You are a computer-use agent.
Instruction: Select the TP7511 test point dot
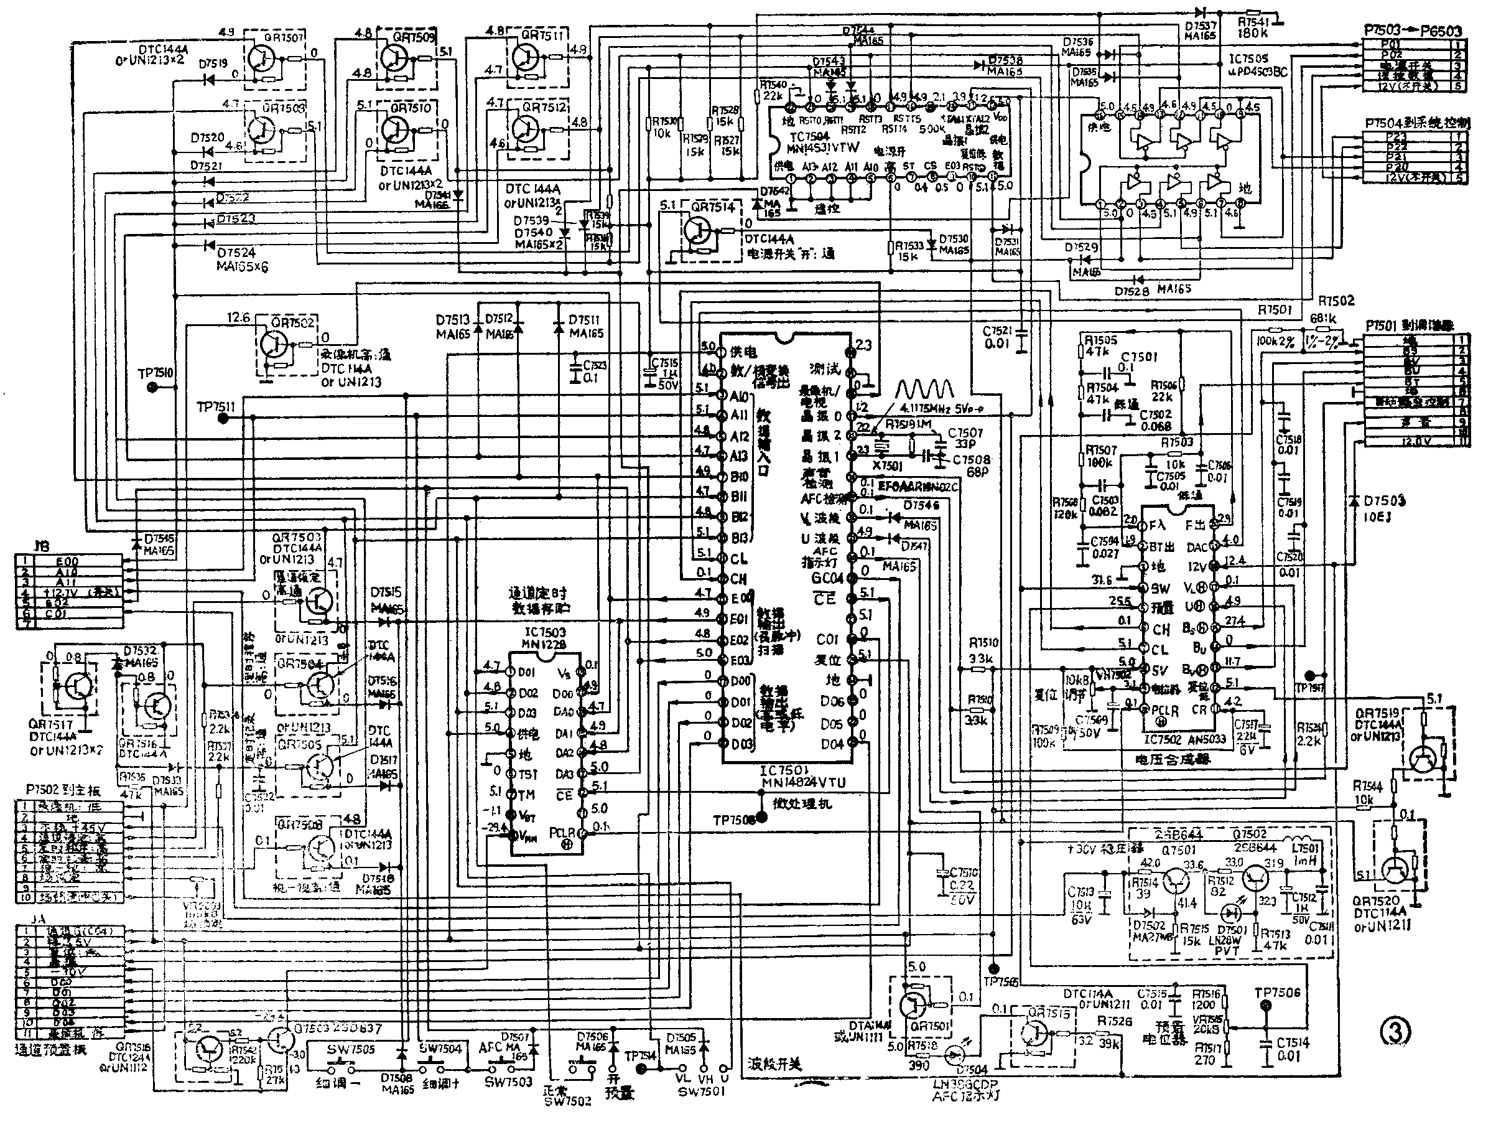pos(222,418)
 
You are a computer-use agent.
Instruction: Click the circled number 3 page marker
pos(1395,1032)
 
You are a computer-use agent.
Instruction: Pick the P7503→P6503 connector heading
pos(1413,30)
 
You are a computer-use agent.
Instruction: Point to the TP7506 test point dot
pos(1266,1006)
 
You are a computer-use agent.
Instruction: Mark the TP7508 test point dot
pos(761,816)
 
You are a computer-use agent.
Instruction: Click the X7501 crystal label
pos(887,466)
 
